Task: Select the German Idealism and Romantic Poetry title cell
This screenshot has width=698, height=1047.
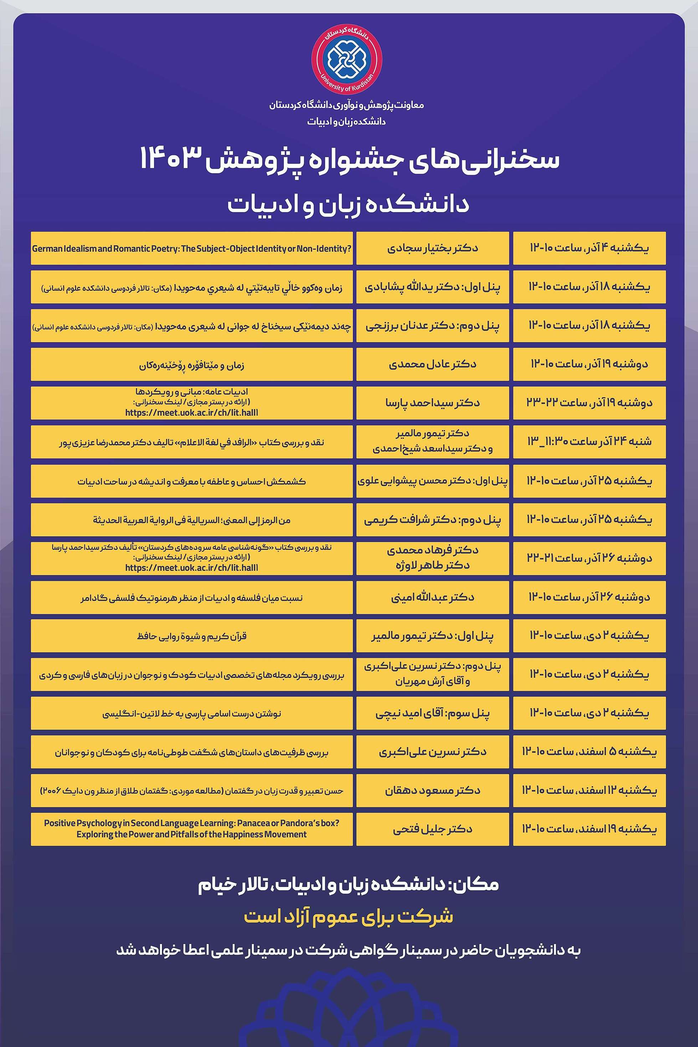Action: point(191,248)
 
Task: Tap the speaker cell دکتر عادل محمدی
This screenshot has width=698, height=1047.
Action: point(432,364)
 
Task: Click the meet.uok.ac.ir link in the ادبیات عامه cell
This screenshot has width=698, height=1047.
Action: point(191,412)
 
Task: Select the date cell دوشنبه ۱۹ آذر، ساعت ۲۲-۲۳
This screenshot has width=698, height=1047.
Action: point(589,403)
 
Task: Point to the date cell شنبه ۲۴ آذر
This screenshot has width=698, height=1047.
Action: point(589,442)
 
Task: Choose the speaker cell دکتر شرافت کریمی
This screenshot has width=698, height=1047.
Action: point(432,519)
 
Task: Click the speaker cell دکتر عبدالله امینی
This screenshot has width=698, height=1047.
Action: point(432,597)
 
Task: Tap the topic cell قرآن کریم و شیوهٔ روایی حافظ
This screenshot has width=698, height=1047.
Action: point(191,636)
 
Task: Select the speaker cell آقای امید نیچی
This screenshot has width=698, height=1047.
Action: point(432,713)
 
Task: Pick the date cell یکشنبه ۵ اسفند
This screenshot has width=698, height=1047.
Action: point(589,752)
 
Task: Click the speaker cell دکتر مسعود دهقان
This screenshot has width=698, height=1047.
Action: point(432,791)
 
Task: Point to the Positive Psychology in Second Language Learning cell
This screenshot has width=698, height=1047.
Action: point(191,829)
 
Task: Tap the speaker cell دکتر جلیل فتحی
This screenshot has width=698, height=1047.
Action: point(432,829)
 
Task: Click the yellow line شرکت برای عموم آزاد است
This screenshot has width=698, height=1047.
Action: point(348,916)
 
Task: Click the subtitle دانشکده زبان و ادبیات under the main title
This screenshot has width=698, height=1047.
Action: point(348,205)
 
